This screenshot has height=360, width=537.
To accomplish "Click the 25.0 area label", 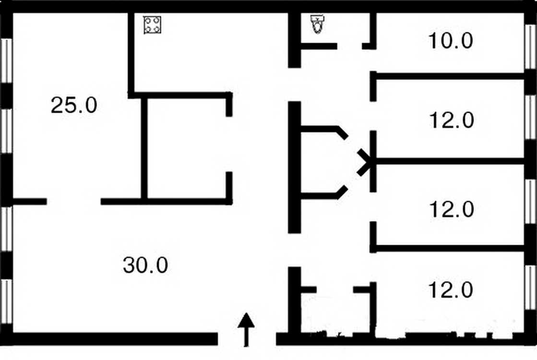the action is click(74, 105).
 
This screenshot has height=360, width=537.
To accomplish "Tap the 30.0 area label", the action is click(145, 265).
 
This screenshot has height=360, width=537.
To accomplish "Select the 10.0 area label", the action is click(451, 40).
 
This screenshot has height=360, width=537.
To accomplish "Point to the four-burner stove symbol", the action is click(153, 25).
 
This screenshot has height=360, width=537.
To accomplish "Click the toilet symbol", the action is click(318, 24).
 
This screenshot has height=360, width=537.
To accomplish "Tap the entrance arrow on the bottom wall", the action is click(246, 329).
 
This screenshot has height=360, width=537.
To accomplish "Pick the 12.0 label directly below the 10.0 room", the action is click(452, 120).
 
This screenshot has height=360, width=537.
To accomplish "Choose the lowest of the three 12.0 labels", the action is click(451, 290).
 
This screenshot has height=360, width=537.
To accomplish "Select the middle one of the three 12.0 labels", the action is click(452, 209).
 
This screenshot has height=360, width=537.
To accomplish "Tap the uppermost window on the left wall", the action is click(7, 60).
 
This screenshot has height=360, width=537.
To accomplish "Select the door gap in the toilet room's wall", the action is click(350, 46).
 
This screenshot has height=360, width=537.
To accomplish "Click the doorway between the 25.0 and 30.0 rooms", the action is click(73, 202).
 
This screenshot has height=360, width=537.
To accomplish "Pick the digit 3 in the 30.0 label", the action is click(129, 265).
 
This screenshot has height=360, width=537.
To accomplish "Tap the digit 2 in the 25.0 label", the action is click(56, 105).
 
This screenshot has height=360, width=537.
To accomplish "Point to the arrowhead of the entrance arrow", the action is click(246, 320).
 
